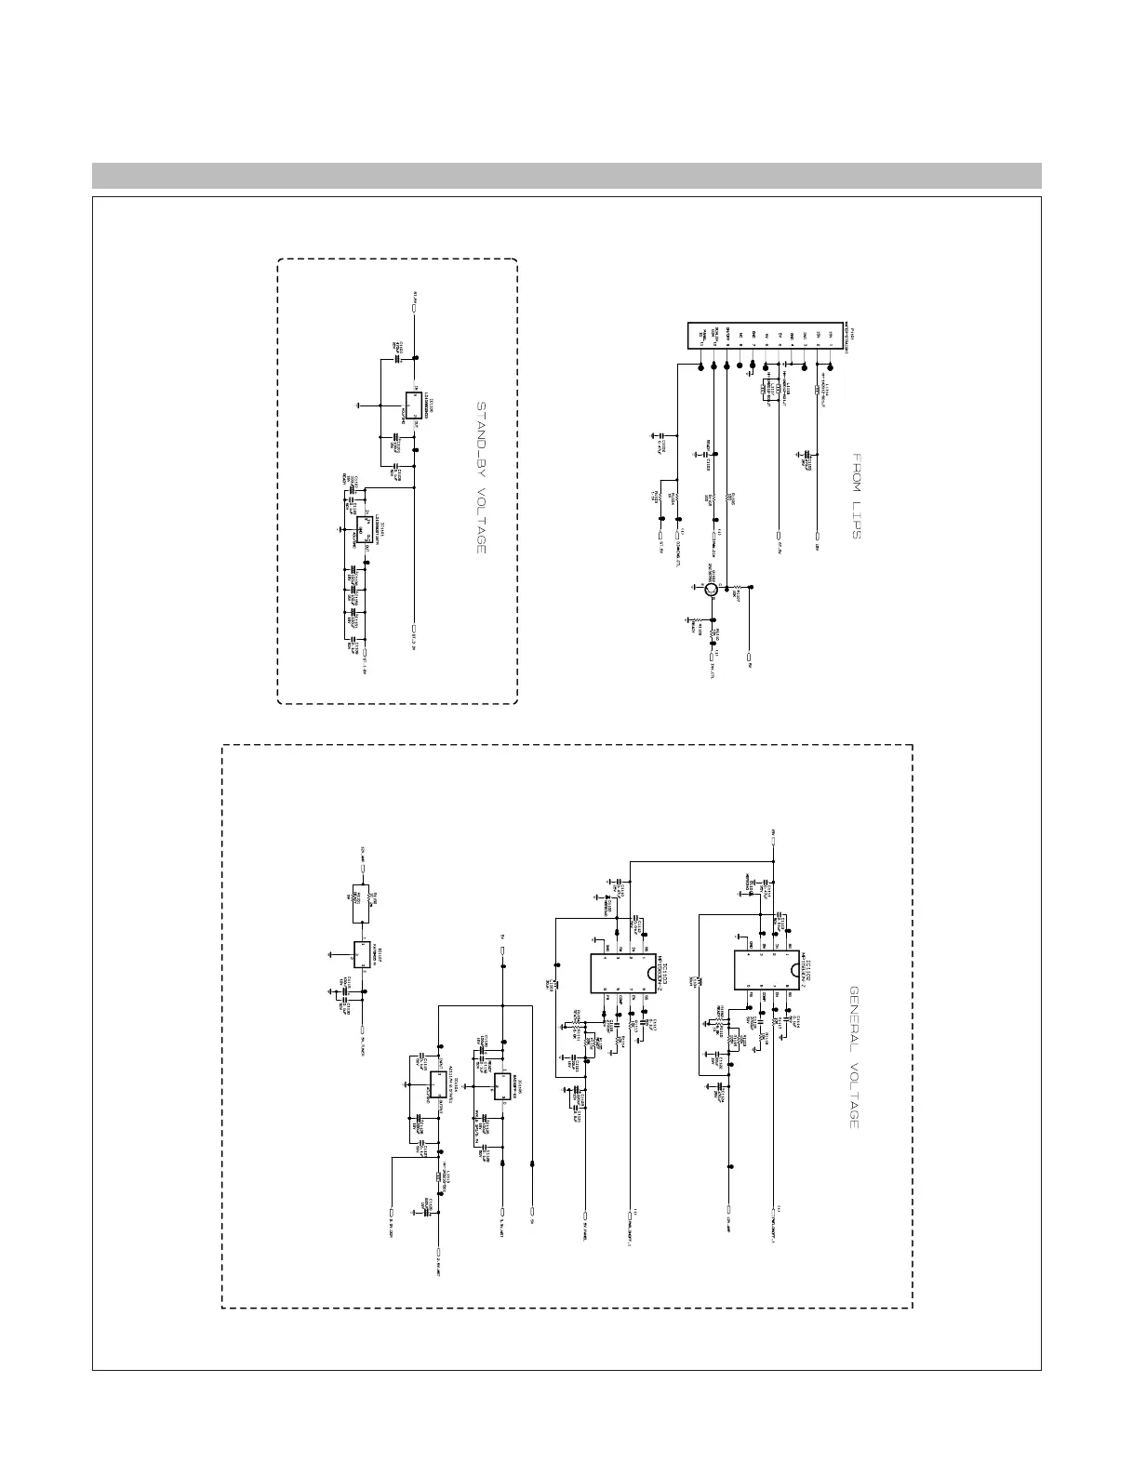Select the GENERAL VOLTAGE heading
(853, 1057)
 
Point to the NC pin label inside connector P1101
(741, 335)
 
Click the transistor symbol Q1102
(710, 588)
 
